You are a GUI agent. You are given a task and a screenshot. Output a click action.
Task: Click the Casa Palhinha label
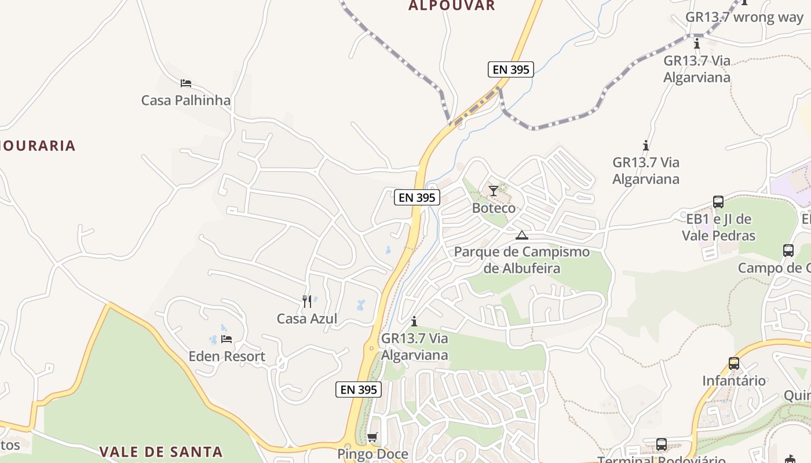186,100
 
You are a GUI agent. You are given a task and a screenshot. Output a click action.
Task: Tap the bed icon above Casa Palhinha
186,83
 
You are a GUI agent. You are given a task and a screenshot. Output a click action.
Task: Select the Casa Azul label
306,318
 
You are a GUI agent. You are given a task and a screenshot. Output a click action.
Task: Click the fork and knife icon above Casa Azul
307,301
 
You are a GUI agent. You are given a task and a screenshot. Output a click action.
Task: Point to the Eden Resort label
227,356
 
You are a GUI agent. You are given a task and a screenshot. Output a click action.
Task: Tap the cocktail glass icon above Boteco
493,190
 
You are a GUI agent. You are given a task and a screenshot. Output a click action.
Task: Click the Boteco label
494,208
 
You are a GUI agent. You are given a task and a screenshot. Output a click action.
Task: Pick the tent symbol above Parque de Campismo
522,235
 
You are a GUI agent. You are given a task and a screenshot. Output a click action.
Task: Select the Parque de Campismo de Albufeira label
522,260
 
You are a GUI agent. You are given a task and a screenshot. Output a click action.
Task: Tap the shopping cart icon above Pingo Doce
372,437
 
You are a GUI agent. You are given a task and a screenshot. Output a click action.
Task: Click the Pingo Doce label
372,454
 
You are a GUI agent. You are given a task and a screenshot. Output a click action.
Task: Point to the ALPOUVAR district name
452,6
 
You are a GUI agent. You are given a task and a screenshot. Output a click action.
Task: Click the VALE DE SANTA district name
160,451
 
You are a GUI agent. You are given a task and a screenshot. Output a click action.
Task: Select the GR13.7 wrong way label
744,17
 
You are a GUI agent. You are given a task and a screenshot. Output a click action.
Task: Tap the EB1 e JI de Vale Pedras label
718,227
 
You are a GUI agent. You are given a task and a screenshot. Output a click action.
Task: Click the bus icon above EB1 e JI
718,202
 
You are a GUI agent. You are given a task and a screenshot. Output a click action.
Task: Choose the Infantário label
734,380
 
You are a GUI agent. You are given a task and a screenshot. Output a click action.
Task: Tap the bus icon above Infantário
734,363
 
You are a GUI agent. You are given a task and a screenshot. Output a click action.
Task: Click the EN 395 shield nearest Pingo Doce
359,389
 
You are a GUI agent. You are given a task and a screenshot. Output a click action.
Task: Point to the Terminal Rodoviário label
661,460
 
